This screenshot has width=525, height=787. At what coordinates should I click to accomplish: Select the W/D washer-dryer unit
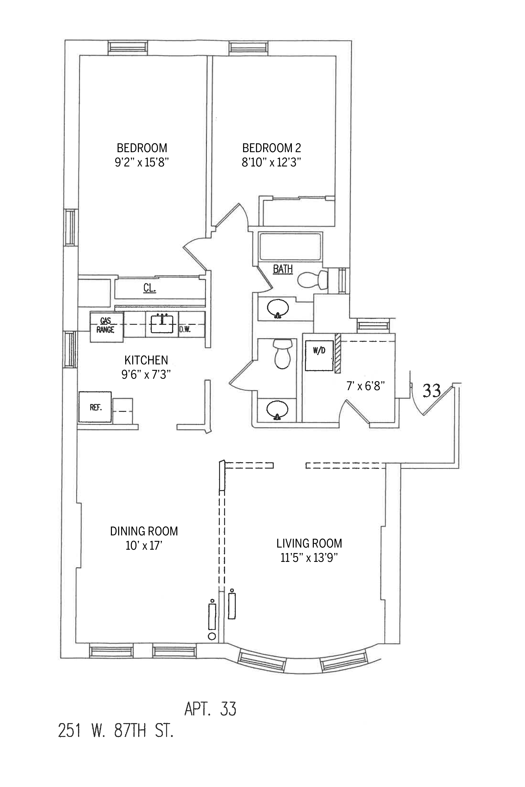319,355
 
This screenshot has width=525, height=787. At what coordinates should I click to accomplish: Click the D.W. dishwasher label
185,330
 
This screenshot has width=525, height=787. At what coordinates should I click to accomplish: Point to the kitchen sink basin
162,324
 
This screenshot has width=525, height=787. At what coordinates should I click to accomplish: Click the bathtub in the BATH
291,246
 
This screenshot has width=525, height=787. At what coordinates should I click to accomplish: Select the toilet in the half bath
282,354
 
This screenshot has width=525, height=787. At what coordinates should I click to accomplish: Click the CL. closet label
149,288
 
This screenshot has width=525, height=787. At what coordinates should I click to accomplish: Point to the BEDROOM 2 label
271,148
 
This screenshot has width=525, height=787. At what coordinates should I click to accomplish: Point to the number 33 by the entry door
432,390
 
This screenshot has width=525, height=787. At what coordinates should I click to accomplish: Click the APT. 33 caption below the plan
210,709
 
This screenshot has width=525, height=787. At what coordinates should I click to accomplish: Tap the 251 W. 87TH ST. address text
116,731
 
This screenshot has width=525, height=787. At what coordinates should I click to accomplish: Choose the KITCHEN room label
146,360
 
